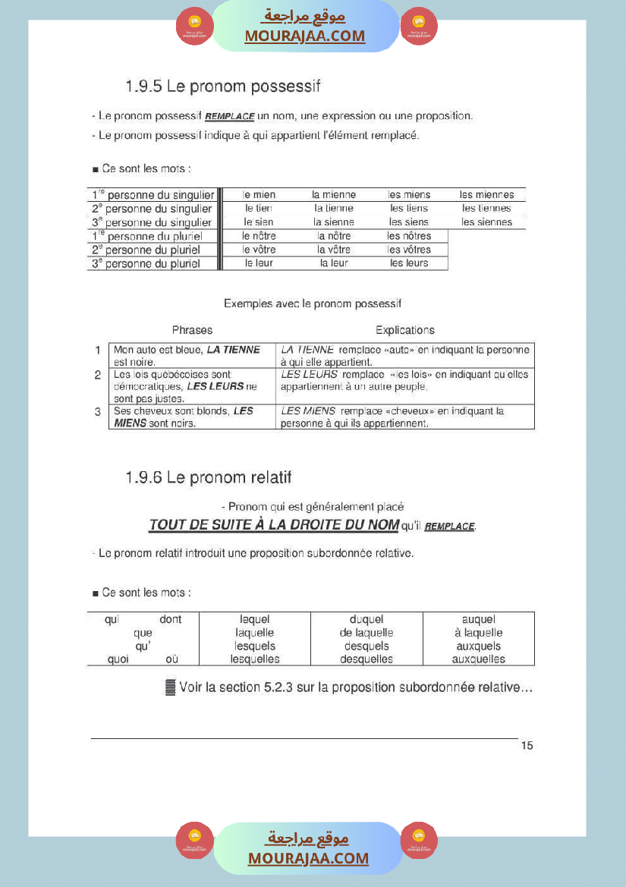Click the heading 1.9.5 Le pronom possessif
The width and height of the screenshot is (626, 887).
click(x=223, y=86)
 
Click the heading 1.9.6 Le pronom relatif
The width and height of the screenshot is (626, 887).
click(x=209, y=478)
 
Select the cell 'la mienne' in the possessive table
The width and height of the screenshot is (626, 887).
click(x=334, y=195)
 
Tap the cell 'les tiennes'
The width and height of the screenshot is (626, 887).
click(x=486, y=209)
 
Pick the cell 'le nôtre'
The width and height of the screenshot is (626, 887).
click(x=259, y=236)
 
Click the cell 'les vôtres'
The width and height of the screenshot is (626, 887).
click(x=409, y=250)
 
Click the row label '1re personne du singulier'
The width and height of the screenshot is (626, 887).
click(x=152, y=195)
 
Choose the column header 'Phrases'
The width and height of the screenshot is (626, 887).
click(x=192, y=330)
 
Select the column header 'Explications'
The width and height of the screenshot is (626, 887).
click(x=405, y=330)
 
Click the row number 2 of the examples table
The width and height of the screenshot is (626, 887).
click(x=98, y=375)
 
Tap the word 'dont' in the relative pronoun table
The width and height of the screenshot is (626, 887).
click(x=171, y=620)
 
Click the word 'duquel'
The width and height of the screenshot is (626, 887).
click(x=366, y=620)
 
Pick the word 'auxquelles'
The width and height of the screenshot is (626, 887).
click(x=478, y=659)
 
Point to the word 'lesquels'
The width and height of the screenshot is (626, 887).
click(x=255, y=646)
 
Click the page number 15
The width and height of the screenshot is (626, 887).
click(x=527, y=746)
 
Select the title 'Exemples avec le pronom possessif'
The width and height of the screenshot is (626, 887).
click(x=313, y=304)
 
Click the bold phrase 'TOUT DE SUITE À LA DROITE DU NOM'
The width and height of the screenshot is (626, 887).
click(x=274, y=525)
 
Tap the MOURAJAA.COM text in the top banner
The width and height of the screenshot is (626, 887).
click(x=304, y=36)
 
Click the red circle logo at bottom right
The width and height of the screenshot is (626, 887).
click(x=419, y=840)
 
